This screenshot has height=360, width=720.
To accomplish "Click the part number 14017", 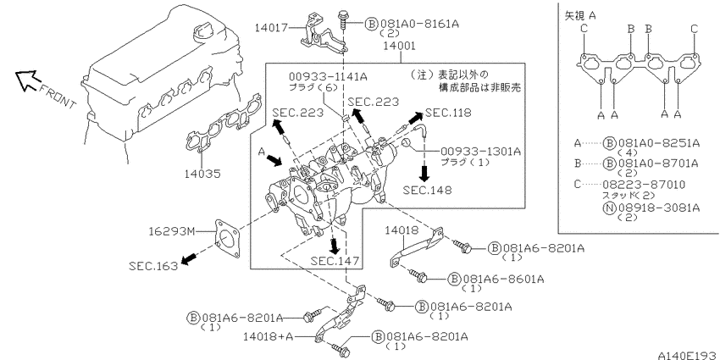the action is [x=271, y=28].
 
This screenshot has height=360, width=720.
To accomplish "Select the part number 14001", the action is [x=400, y=46].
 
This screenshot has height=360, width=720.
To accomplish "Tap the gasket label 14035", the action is [x=202, y=174].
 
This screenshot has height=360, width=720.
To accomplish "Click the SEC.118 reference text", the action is [x=448, y=113].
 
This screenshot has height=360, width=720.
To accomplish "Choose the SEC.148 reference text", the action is [x=427, y=189].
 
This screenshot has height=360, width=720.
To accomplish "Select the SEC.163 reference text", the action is [x=153, y=265].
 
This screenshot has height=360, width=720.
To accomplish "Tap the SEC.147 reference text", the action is [x=335, y=261].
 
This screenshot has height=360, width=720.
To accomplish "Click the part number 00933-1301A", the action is [x=481, y=152].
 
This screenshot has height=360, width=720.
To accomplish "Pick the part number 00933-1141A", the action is [x=328, y=77].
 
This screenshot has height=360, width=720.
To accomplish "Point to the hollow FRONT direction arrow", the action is [x=26, y=79].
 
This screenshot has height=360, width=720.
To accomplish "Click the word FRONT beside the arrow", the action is [x=57, y=96].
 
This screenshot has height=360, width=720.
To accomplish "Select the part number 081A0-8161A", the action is [x=418, y=23].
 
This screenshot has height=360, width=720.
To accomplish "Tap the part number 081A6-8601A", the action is [x=503, y=279].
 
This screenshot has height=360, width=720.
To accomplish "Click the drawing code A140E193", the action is [x=689, y=355].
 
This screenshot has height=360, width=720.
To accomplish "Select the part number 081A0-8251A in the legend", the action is [x=659, y=143].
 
